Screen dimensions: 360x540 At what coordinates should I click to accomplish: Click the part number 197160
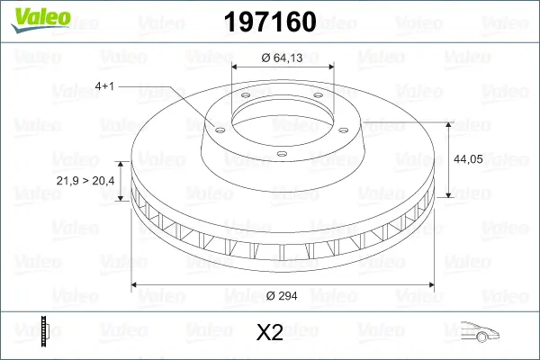[269, 20]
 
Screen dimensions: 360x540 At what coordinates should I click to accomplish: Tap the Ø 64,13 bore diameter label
[282, 58]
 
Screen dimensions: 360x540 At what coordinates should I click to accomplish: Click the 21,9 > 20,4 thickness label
[85, 181]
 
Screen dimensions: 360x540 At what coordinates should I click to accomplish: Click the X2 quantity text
[270, 333]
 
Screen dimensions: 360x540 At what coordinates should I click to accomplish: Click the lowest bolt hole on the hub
[280, 153]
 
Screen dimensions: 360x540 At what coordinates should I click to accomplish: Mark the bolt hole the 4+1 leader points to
[216, 127]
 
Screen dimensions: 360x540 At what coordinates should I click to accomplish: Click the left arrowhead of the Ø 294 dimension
[135, 284]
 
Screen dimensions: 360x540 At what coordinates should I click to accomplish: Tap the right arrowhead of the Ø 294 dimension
[429, 284]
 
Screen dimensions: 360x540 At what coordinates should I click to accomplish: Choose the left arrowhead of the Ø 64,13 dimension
[236, 67]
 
